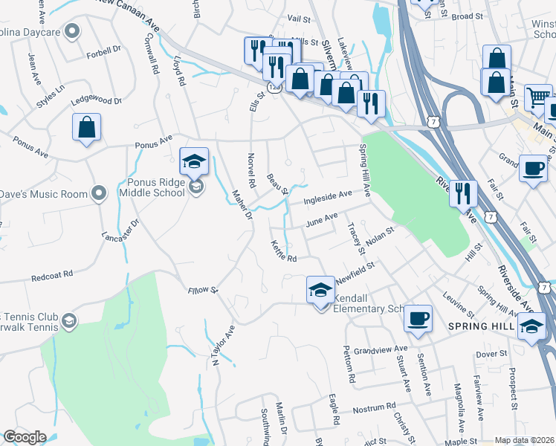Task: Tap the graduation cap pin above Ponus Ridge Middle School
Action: pyautogui.click(x=194, y=161)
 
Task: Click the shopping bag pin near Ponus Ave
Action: pyautogui.click(x=87, y=127)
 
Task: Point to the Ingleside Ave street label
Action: pyautogui.click(x=328, y=196)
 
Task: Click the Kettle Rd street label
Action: pyautogui.click(x=284, y=251)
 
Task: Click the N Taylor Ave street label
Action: pyautogui.click(x=224, y=345)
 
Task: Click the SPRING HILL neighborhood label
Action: pyautogui.click(x=482, y=326)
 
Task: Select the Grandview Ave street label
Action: pyautogui.click(x=381, y=349)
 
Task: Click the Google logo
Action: pyautogui.click(x=25, y=437)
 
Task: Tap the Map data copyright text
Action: pyautogui.click(x=523, y=440)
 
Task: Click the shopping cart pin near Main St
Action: pyautogui.click(x=538, y=97)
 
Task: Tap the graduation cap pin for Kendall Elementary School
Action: pyautogui.click(x=320, y=290)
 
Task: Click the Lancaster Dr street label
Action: pyautogui.click(x=120, y=235)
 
